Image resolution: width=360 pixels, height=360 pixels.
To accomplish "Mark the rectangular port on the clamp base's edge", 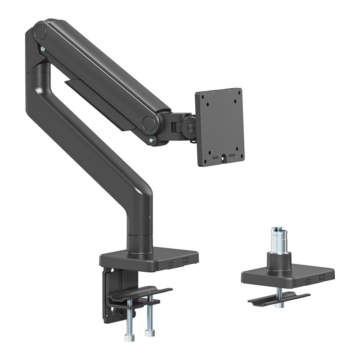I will click(x=185, y=261).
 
